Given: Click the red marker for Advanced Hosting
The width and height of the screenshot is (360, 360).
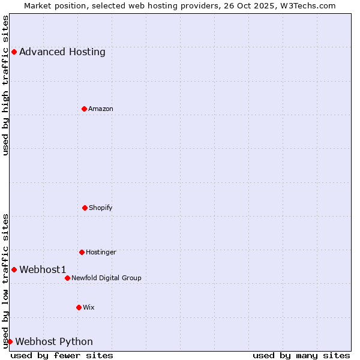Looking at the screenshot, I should [x=14, y=52].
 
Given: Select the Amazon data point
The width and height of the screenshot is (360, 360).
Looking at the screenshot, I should [x=84, y=109].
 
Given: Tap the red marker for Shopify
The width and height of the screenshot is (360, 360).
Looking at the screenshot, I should [x=85, y=208].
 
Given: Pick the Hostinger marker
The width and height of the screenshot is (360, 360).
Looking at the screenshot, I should [x=82, y=252].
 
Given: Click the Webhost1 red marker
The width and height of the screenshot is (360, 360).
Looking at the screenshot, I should [x=14, y=269].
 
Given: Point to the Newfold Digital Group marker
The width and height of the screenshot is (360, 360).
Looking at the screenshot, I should [x=67, y=278].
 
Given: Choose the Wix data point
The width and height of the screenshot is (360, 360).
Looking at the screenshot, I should [x=79, y=307].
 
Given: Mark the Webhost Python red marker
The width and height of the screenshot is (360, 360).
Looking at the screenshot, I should [x=10, y=341].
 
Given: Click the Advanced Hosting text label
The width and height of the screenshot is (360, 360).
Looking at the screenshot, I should [x=62, y=52].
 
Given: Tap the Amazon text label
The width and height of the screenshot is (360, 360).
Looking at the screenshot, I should [x=101, y=109].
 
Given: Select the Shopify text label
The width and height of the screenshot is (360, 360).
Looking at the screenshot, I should [x=101, y=208].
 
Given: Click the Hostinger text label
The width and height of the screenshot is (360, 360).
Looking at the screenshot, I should [x=101, y=252].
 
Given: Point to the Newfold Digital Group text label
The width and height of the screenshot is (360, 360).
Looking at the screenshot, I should [x=106, y=278].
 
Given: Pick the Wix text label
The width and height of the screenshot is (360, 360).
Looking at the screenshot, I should [x=89, y=307].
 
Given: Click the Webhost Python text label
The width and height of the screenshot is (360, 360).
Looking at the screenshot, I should [x=54, y=341].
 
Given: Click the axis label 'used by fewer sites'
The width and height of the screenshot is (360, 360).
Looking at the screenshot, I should [x=62, y=355].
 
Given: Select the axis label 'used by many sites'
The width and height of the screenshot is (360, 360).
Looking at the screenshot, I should [x=301, y=355].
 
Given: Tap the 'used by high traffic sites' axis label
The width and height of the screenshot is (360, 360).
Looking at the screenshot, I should [x=5, y=85].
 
